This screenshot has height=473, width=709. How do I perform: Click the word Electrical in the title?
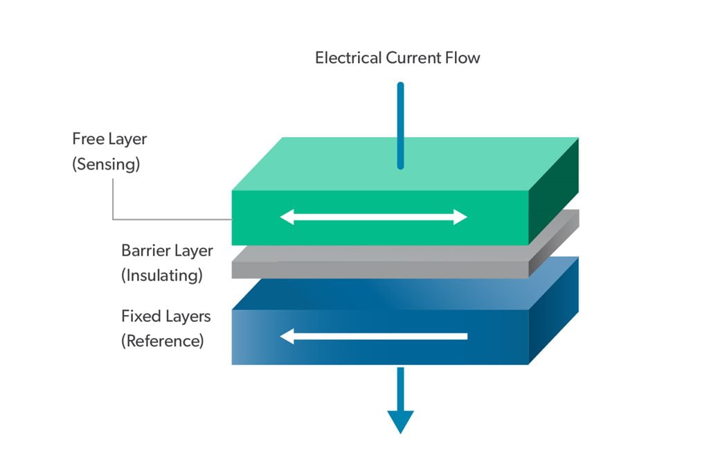[348, 57]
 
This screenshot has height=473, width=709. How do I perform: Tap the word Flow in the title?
[462, 57]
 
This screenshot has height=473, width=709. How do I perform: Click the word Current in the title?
[413, 57]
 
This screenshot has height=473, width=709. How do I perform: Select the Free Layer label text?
[109, 139]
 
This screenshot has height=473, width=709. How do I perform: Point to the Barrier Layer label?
[167, 250]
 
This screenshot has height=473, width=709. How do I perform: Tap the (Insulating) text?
[162, 275]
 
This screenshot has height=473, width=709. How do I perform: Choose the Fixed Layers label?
[166, 316]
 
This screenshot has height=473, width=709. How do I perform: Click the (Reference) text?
[163, 341]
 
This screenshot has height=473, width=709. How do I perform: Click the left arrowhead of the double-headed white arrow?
[287, 217]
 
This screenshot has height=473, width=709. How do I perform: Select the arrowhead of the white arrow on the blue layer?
[287, 337]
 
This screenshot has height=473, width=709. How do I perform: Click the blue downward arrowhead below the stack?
[400, 420]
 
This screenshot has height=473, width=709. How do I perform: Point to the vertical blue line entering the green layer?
[400, 125]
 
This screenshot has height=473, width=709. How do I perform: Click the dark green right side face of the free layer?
[554, 190]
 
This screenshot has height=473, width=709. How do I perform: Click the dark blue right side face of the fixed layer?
[554, 312]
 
